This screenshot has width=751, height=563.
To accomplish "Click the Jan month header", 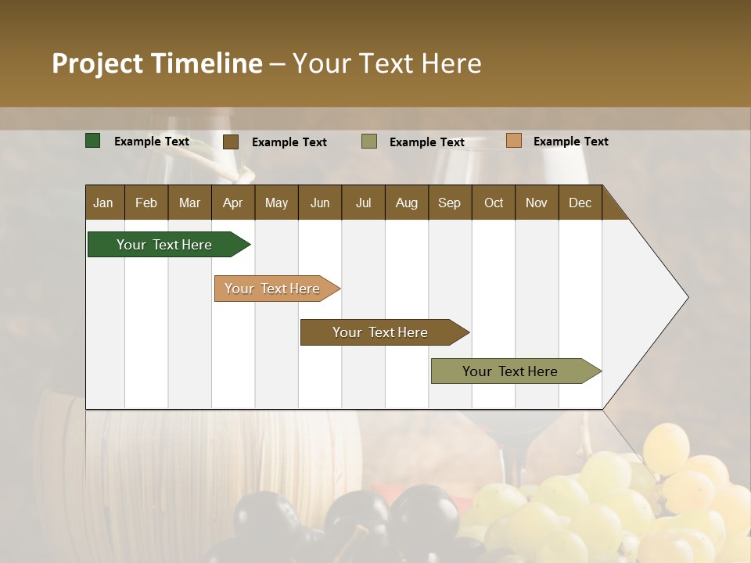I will click(103, 203).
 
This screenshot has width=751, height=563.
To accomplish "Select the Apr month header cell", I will click(232, 203).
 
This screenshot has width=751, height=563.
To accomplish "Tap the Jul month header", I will click(363, 203).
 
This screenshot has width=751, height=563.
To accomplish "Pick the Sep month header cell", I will click(449, 203).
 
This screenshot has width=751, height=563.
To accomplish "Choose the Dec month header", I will click(580, 203).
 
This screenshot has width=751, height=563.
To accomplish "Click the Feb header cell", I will click(146, 203).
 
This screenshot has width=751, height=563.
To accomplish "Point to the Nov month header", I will click(536, 203).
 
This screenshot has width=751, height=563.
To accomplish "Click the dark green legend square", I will click(93, 141).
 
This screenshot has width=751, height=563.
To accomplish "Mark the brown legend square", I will click(231, 142).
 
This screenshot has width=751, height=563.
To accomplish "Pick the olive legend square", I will click(369, 142).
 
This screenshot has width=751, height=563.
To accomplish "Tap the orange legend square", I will click(513, 141).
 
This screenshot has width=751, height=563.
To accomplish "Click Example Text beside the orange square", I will click(570, 142).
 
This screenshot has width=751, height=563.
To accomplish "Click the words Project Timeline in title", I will click(157, 63).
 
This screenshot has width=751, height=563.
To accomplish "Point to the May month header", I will click(276, 203).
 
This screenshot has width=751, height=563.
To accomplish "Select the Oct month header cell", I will click(494, 203).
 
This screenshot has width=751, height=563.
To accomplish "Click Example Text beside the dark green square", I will click(152, 142).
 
